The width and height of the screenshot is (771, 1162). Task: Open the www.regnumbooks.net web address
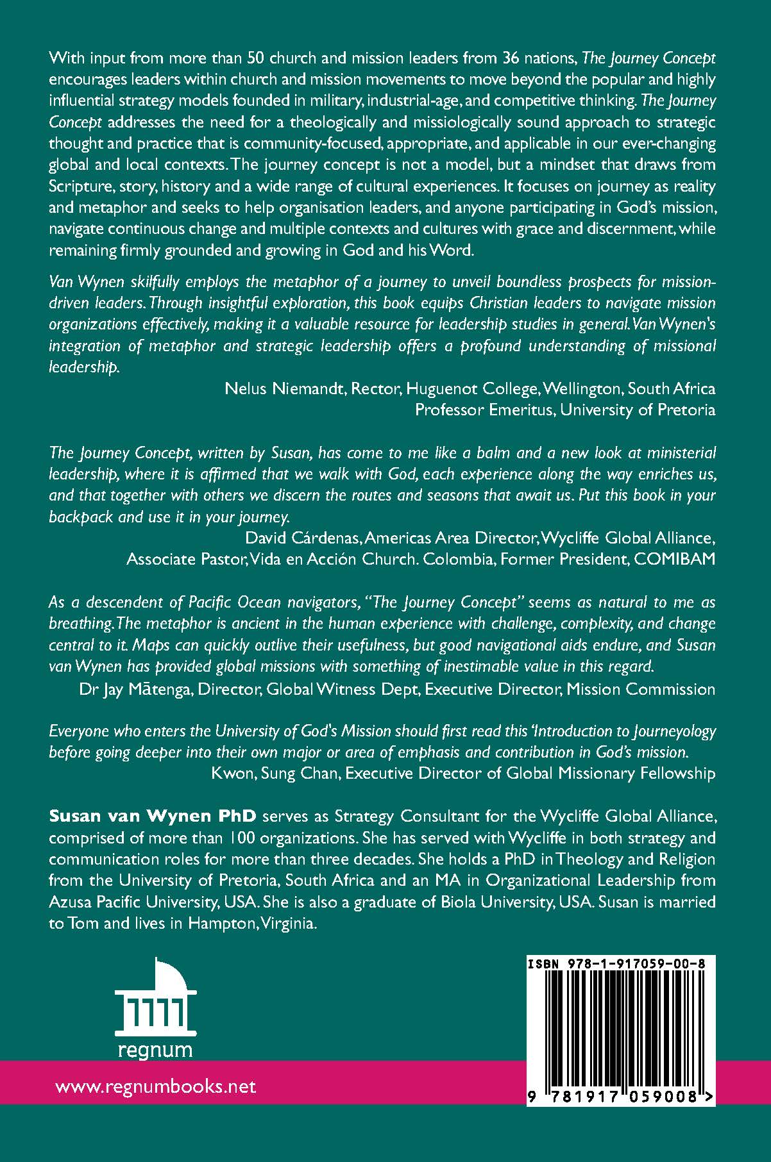(156, 1086)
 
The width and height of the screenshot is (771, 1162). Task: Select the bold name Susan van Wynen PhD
(153, 817)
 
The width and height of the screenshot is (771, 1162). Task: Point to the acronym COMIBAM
(674, 559)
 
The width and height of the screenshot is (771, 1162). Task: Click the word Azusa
(69, 902)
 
